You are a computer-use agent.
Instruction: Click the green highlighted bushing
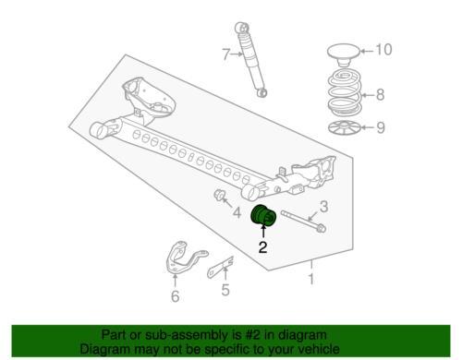[264, 221]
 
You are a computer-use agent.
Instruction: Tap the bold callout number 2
[262, 246]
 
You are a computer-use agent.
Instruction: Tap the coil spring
[344, 93]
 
